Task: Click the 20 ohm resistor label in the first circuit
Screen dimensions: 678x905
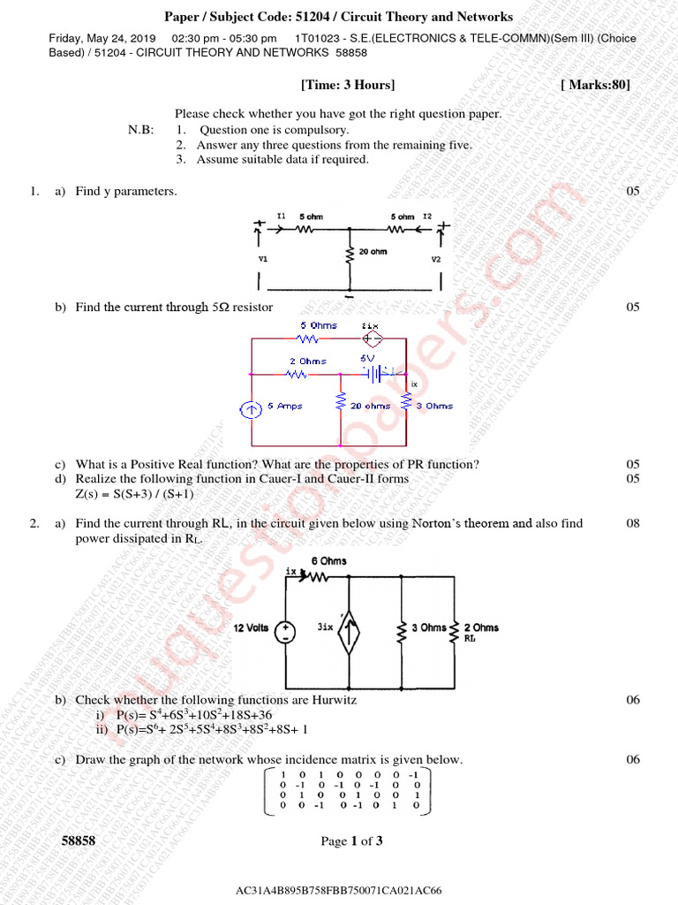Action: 373,251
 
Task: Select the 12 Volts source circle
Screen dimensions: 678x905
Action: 286,632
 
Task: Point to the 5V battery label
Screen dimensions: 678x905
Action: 367,359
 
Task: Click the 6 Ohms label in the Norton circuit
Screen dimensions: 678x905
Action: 328,561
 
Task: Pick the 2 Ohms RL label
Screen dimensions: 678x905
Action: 480,627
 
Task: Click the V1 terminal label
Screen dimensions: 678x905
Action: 263,260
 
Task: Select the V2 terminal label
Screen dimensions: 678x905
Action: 436,260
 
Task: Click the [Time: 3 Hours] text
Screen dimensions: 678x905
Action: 348,85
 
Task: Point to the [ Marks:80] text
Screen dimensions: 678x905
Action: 596,85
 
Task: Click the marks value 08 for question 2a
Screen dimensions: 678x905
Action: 632,523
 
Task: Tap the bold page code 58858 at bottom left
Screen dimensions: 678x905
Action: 79,841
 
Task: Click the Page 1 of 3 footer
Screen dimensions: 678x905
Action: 351,841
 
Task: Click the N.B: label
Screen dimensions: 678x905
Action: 140,130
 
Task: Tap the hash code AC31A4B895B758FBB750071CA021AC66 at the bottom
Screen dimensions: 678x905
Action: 338,890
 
